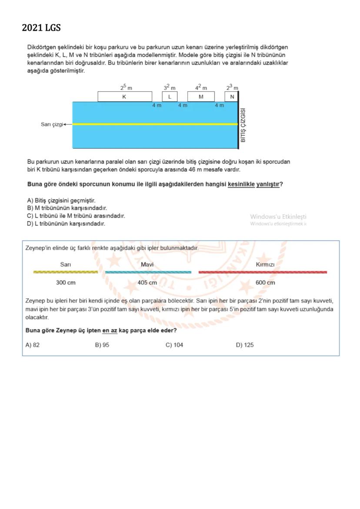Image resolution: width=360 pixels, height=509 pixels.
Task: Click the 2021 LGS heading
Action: (41, 28)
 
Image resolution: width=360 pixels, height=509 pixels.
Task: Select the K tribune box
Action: (124, 96)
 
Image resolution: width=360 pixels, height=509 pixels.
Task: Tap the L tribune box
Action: (170, 96)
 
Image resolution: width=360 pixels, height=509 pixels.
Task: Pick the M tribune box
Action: (200, 96)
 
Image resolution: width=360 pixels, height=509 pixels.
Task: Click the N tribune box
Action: (231, 96)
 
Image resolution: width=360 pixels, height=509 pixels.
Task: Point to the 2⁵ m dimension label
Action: (126, 87)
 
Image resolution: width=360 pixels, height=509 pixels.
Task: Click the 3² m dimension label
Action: (170, 87)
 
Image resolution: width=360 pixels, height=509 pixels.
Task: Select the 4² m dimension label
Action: (201, 87)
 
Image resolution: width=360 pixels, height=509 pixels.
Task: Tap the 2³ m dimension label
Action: (232, 87)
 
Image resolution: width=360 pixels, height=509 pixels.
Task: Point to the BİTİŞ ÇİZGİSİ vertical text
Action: (243, 125)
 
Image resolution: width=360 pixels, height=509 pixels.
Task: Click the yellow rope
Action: (66, 272)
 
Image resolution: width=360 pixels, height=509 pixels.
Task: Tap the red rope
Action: (263, 272)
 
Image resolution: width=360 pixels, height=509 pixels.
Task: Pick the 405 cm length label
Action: (147, 283)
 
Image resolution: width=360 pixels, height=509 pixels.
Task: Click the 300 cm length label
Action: (66, 283)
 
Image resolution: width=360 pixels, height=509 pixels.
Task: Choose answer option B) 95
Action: (102, 345)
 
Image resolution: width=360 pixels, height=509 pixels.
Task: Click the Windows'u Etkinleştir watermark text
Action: (278, 216)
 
